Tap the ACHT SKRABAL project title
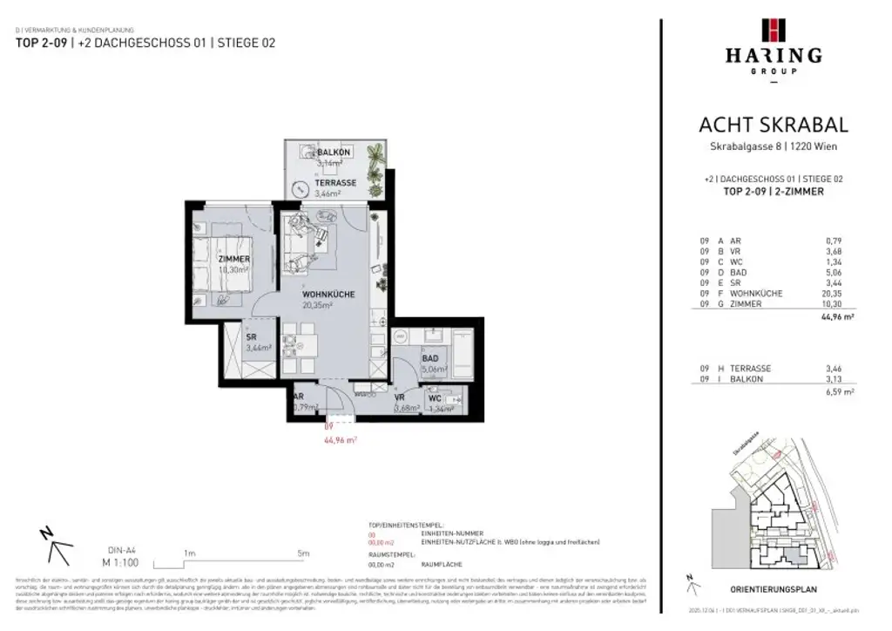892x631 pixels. (x=774, y=126)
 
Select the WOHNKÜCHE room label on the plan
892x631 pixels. (x=328, y=295)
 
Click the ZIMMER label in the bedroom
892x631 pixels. (x=234, y=260)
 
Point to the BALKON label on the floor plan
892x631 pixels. (x=309, y=153)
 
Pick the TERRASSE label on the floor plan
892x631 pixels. (x=334, y=183)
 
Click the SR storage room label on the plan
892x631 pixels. (x=251, y=337)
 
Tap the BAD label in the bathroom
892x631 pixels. (x=429, y=358)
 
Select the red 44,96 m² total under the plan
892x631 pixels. (x=340, y=440)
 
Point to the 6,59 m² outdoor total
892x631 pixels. (x=840, y=393)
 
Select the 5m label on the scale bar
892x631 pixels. (x=302, y=553)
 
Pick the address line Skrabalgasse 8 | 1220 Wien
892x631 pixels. (x=773, y=146)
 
